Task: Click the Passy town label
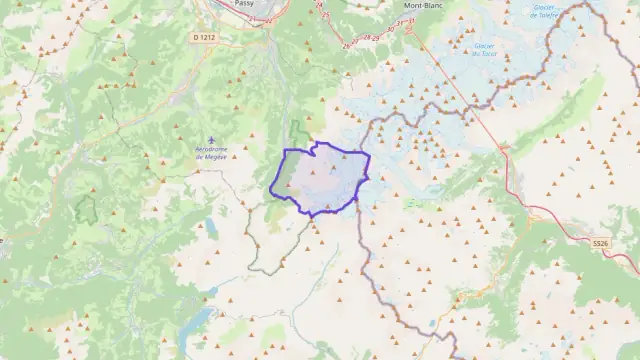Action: pos(242,4)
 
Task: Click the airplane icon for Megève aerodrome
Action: pos(210,139)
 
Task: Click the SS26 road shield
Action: pos(599,243)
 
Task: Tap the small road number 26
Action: pos(346,45)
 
